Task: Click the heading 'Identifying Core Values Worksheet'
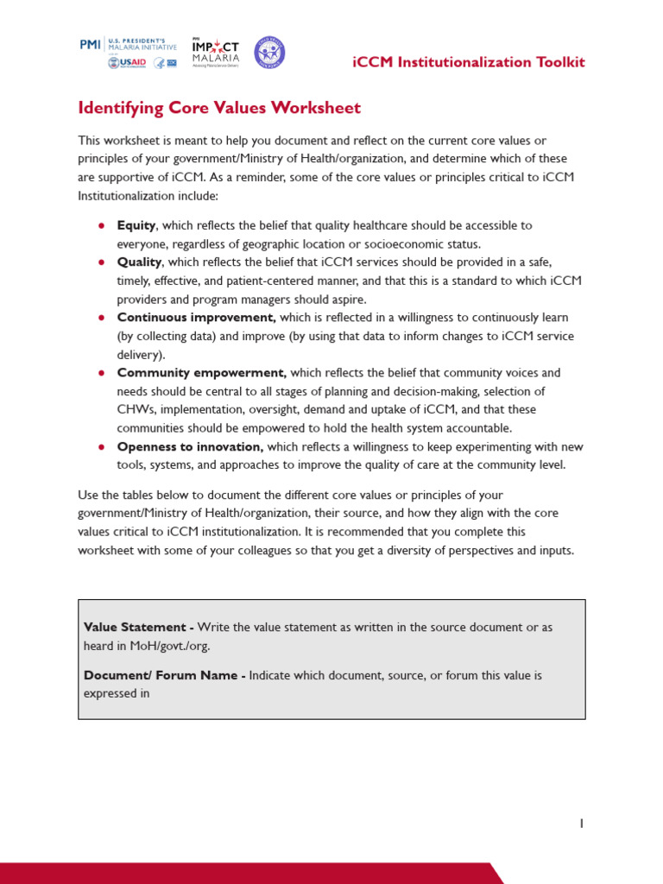[219, 108]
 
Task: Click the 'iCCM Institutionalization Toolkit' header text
[470, 62]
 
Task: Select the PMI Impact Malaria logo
[216, 54]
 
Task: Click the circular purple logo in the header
[268, 54]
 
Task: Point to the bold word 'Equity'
[136, 225]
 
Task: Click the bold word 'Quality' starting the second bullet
[139, 262]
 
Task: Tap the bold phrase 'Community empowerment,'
[201, 373]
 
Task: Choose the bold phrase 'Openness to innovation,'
[190, 446]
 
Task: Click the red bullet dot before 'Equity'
[101, 225]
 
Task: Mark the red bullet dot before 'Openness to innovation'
[101, 446]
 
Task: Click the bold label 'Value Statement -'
[138, 627]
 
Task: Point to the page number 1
[581, 824]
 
